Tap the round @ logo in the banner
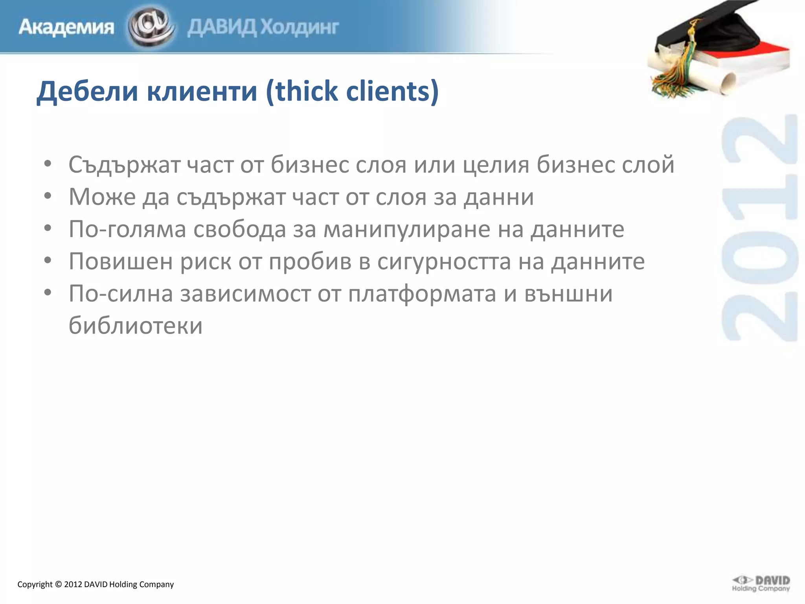(x=151, y=27)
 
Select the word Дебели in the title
(x=87, y=91)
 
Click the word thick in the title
(x=307, y=91)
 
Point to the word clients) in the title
(x=393, y=91)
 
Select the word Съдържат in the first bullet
(x=124, y=164)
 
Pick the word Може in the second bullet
(x=102, y=197)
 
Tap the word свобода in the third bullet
(x=239, y=229)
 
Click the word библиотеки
(x=136, y=326)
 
